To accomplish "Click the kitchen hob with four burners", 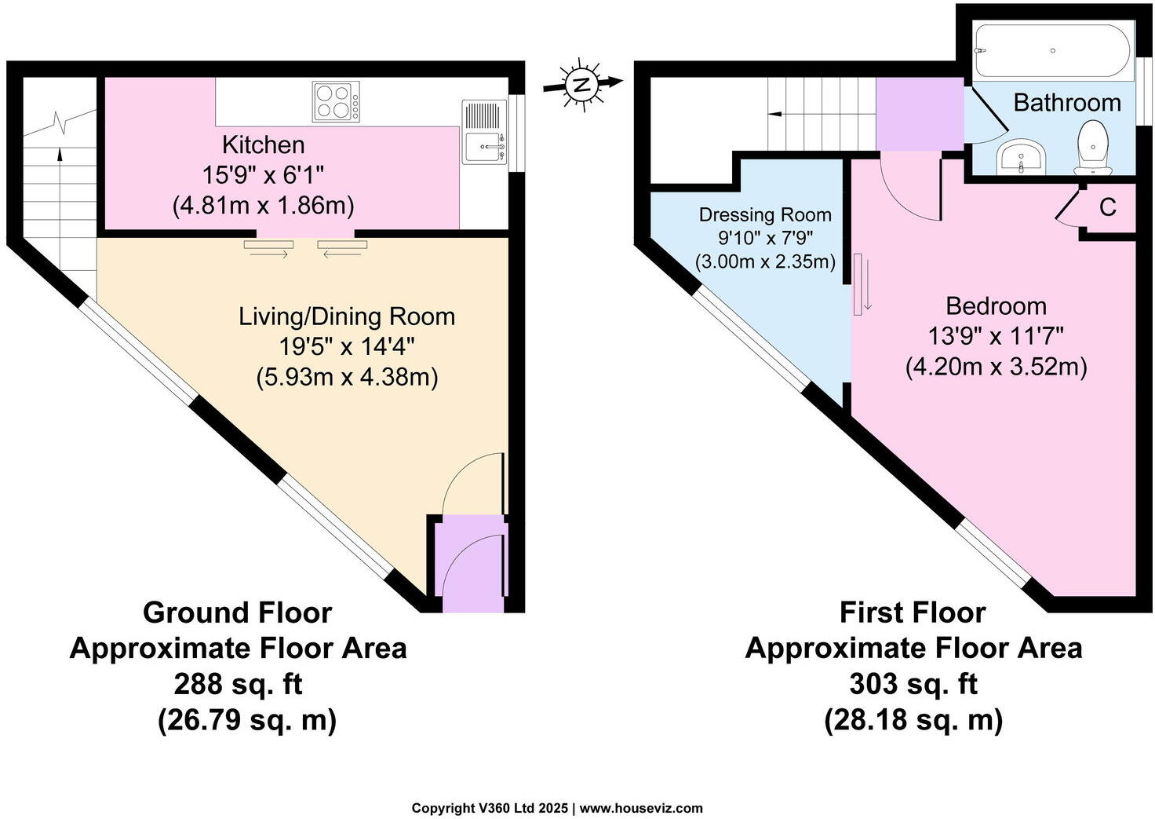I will pos(337,102).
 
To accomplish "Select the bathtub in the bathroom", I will pos(1051,50).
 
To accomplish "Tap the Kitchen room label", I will pos(263,144).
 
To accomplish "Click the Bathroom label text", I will pos(1066,103).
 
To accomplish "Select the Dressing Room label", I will pos(764,214).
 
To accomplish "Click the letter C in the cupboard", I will pos(1107,207).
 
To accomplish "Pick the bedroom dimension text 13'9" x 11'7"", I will pos(996,336).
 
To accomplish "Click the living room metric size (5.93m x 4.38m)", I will pos(347,377).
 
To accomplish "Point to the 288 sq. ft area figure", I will pos(238,684).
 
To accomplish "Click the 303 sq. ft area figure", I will pos(913,684).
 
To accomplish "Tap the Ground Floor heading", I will pos(237,612).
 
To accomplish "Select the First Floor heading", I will pos(913,612).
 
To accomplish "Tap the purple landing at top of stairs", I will pos(919,115).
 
